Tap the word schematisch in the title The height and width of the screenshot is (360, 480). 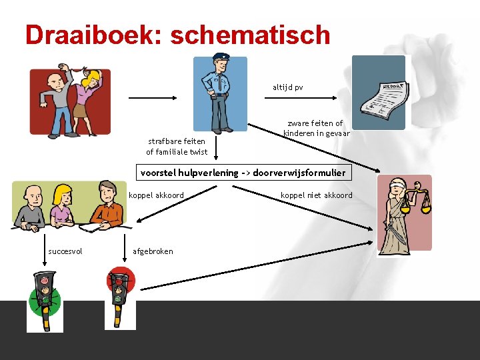point(250,35)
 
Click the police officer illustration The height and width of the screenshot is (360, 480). point(219,93)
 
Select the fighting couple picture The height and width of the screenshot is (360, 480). point(69,101)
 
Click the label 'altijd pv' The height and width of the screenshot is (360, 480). point(287,87)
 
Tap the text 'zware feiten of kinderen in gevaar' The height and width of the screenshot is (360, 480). point(315,128)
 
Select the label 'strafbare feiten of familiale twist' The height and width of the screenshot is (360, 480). point(177,147)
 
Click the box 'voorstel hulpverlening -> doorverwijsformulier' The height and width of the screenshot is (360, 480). point(243,173)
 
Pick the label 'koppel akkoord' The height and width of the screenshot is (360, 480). point(156,195)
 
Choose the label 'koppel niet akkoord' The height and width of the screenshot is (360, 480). point(316,195)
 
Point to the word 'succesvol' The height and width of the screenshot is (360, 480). point(65,251)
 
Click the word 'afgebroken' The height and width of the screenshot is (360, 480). point(153,251)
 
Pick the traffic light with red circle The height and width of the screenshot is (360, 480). point(121,297)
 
